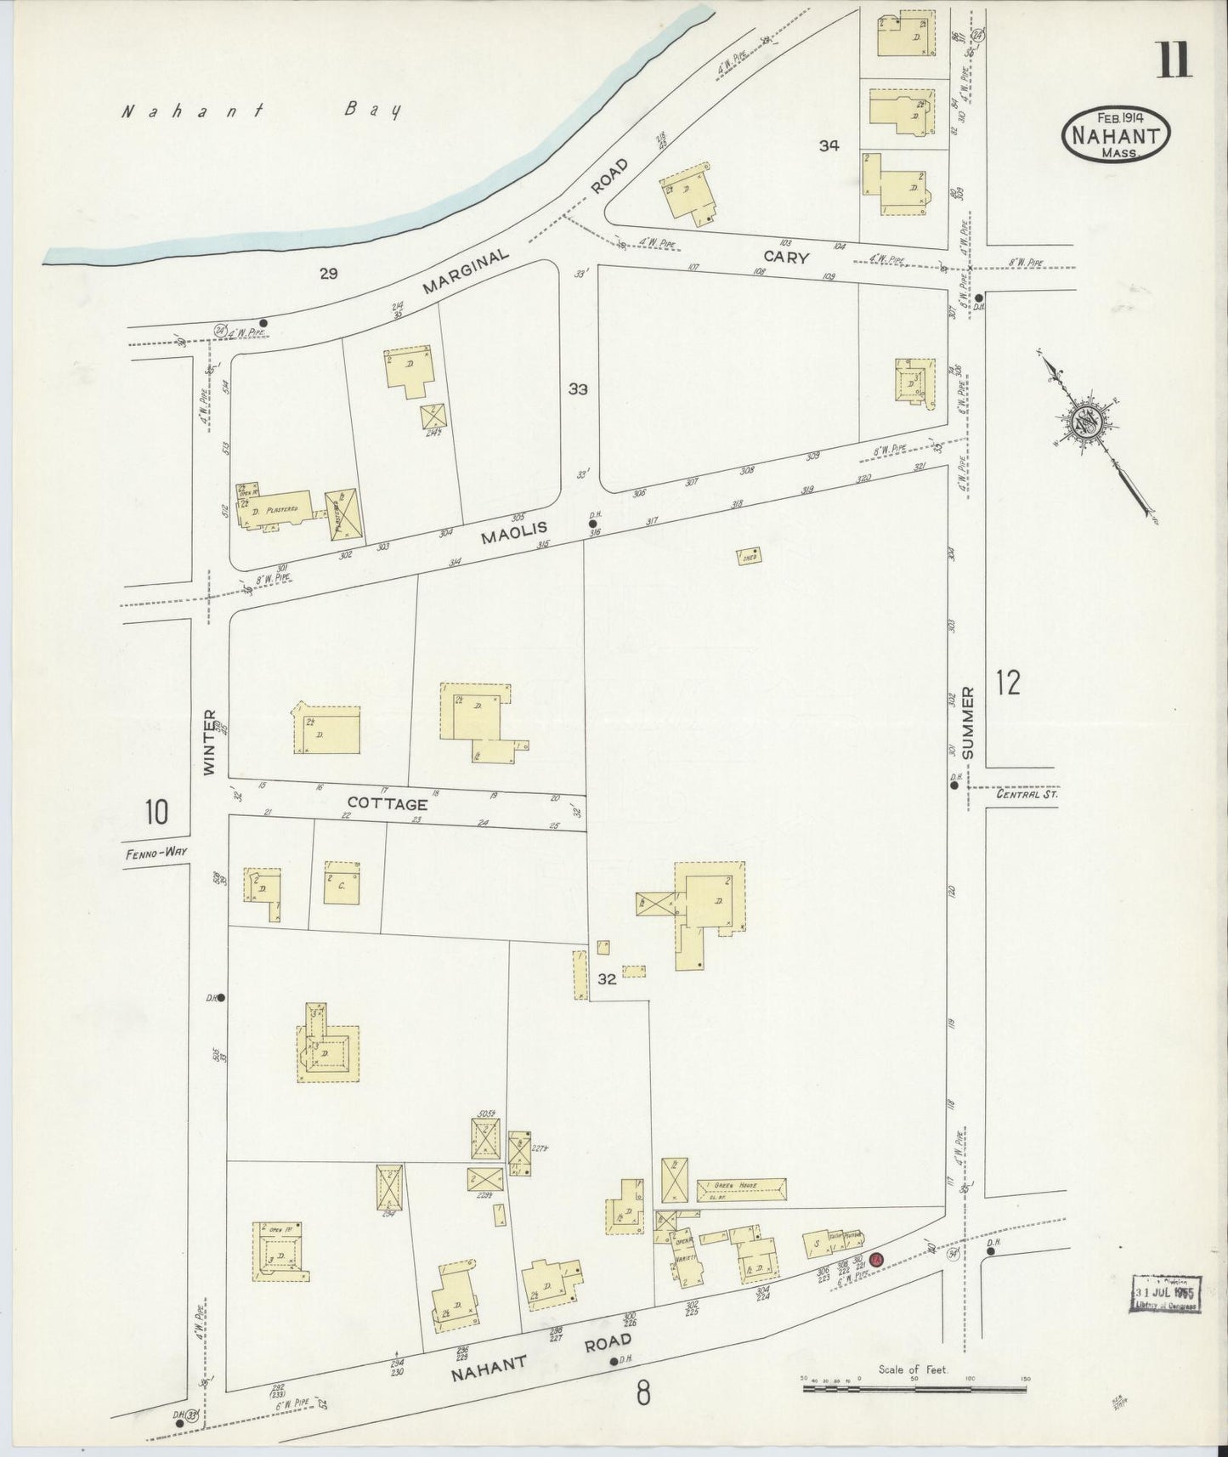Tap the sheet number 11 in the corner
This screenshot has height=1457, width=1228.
[1174, 60]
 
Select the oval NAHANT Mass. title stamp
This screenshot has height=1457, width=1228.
[1116, 133]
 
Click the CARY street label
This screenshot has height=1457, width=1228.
[785, 257]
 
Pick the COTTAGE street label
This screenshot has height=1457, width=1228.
[388, 803]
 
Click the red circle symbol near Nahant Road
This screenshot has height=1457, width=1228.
[878, 1260]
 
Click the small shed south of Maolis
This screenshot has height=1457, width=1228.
[749, 557]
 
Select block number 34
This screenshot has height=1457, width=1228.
[829, 145]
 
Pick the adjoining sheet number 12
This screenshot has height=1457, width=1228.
[1008, 683]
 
